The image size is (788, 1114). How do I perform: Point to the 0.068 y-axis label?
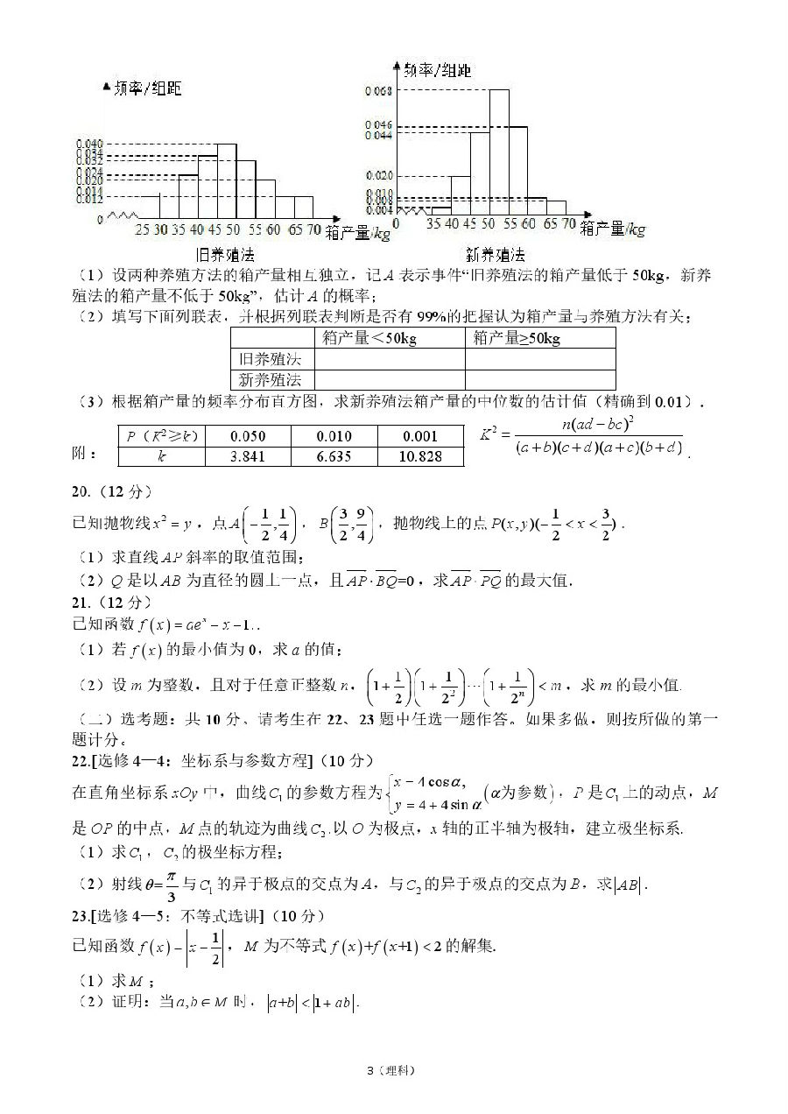click(x=377, y=90)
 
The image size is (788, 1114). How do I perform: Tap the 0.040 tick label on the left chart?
click(x=89, y=143)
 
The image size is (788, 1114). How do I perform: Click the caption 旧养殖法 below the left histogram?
click(x=225, y=256)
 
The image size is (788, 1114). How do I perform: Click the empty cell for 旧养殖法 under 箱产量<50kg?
click(x=390, y=359)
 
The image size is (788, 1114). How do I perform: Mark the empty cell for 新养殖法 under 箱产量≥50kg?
click(x=540, y=379)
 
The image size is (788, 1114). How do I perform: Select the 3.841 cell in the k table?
click(x=248, y=456)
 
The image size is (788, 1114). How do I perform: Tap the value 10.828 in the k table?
click(x=419, y=456)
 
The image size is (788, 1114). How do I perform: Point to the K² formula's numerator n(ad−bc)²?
click(x=598, y=426)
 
